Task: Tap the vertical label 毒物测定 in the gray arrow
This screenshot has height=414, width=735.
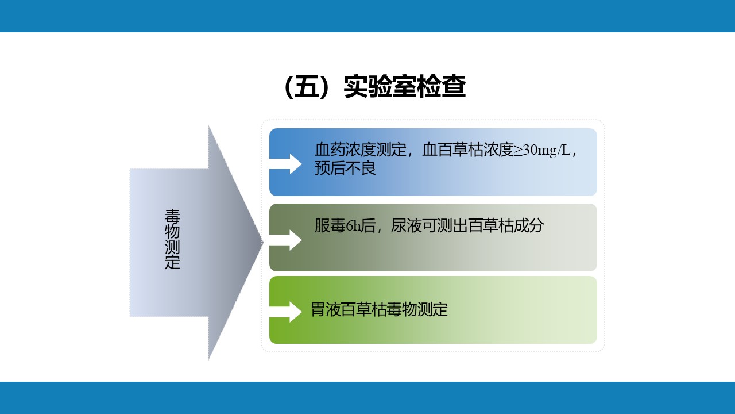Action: (172, 239)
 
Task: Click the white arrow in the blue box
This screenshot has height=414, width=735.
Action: (285, 164)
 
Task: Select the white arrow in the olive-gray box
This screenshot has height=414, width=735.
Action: (285, 240)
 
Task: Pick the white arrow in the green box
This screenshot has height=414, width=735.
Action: (285, 312)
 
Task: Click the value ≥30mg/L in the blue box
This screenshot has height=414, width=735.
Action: (542, 150)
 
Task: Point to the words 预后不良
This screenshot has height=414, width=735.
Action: (345, 168)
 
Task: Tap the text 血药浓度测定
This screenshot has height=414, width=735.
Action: (361, 150)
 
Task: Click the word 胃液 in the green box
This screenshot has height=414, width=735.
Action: (326, 309)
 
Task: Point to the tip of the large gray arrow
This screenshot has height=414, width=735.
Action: (263, 243)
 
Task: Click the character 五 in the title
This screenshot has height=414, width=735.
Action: (307, 87)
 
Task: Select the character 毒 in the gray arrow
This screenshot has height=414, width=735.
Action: (172, 217)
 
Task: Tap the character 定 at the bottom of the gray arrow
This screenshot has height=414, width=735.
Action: (172, 262)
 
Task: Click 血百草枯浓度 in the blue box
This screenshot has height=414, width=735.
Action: (468, 150)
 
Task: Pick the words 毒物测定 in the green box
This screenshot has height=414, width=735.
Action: (417, 309)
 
